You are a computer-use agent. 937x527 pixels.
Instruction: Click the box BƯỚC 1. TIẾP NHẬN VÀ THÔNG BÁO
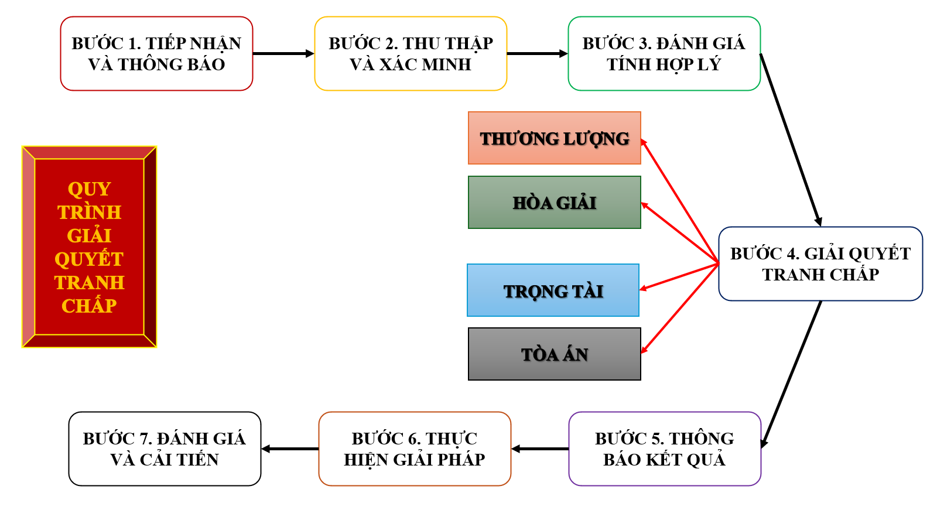pos(156,54)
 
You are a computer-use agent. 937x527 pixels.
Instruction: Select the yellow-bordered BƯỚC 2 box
pos(411,54)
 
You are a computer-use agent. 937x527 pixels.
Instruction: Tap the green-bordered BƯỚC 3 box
pos(664,54)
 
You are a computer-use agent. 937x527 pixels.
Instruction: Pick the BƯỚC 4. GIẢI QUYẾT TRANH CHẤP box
pos(820,264)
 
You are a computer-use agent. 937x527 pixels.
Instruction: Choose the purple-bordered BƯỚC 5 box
pos(665,449)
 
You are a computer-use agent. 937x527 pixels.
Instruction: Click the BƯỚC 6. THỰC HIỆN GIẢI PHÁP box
pos(415,449)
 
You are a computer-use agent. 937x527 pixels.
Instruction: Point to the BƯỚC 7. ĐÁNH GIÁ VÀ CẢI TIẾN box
pos(165,449)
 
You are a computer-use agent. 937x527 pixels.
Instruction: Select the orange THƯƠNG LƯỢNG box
pos(555,138)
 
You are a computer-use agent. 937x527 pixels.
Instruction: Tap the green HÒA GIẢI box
pos(555,203)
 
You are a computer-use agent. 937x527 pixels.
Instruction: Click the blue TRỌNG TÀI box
pos(553,290)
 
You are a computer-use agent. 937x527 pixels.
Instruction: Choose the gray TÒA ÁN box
pos(555,354)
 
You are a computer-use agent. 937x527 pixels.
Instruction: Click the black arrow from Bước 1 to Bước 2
pos(283,54)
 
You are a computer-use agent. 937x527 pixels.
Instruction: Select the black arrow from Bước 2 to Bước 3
pos(537,54)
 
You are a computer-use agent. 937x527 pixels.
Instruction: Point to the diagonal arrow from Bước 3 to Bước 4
pos(790,139)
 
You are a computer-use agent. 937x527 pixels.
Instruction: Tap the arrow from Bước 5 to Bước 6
pos(540,449)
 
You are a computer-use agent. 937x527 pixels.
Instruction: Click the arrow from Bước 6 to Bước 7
pos(290,449)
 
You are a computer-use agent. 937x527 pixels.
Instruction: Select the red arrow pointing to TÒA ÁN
pos(680,309)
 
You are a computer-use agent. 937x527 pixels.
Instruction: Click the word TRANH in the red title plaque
pos(89,283)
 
